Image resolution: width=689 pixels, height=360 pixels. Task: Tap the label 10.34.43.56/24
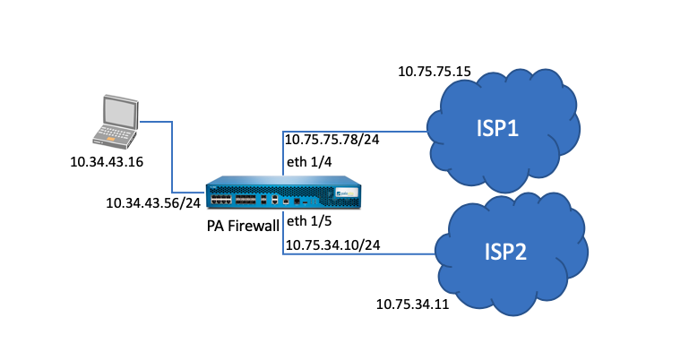tap(153, 202)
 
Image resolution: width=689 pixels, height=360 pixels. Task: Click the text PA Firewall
tap(243, 226)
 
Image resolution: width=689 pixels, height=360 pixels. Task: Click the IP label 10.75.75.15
tap(435, 70)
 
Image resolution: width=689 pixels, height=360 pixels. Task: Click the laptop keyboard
tap(111, 136)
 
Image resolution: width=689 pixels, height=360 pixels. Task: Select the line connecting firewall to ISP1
tap(358, 131)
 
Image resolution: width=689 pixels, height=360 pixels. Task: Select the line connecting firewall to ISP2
tap(358, 254)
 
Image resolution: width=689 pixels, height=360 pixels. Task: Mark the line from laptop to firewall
tap(172, 157)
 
